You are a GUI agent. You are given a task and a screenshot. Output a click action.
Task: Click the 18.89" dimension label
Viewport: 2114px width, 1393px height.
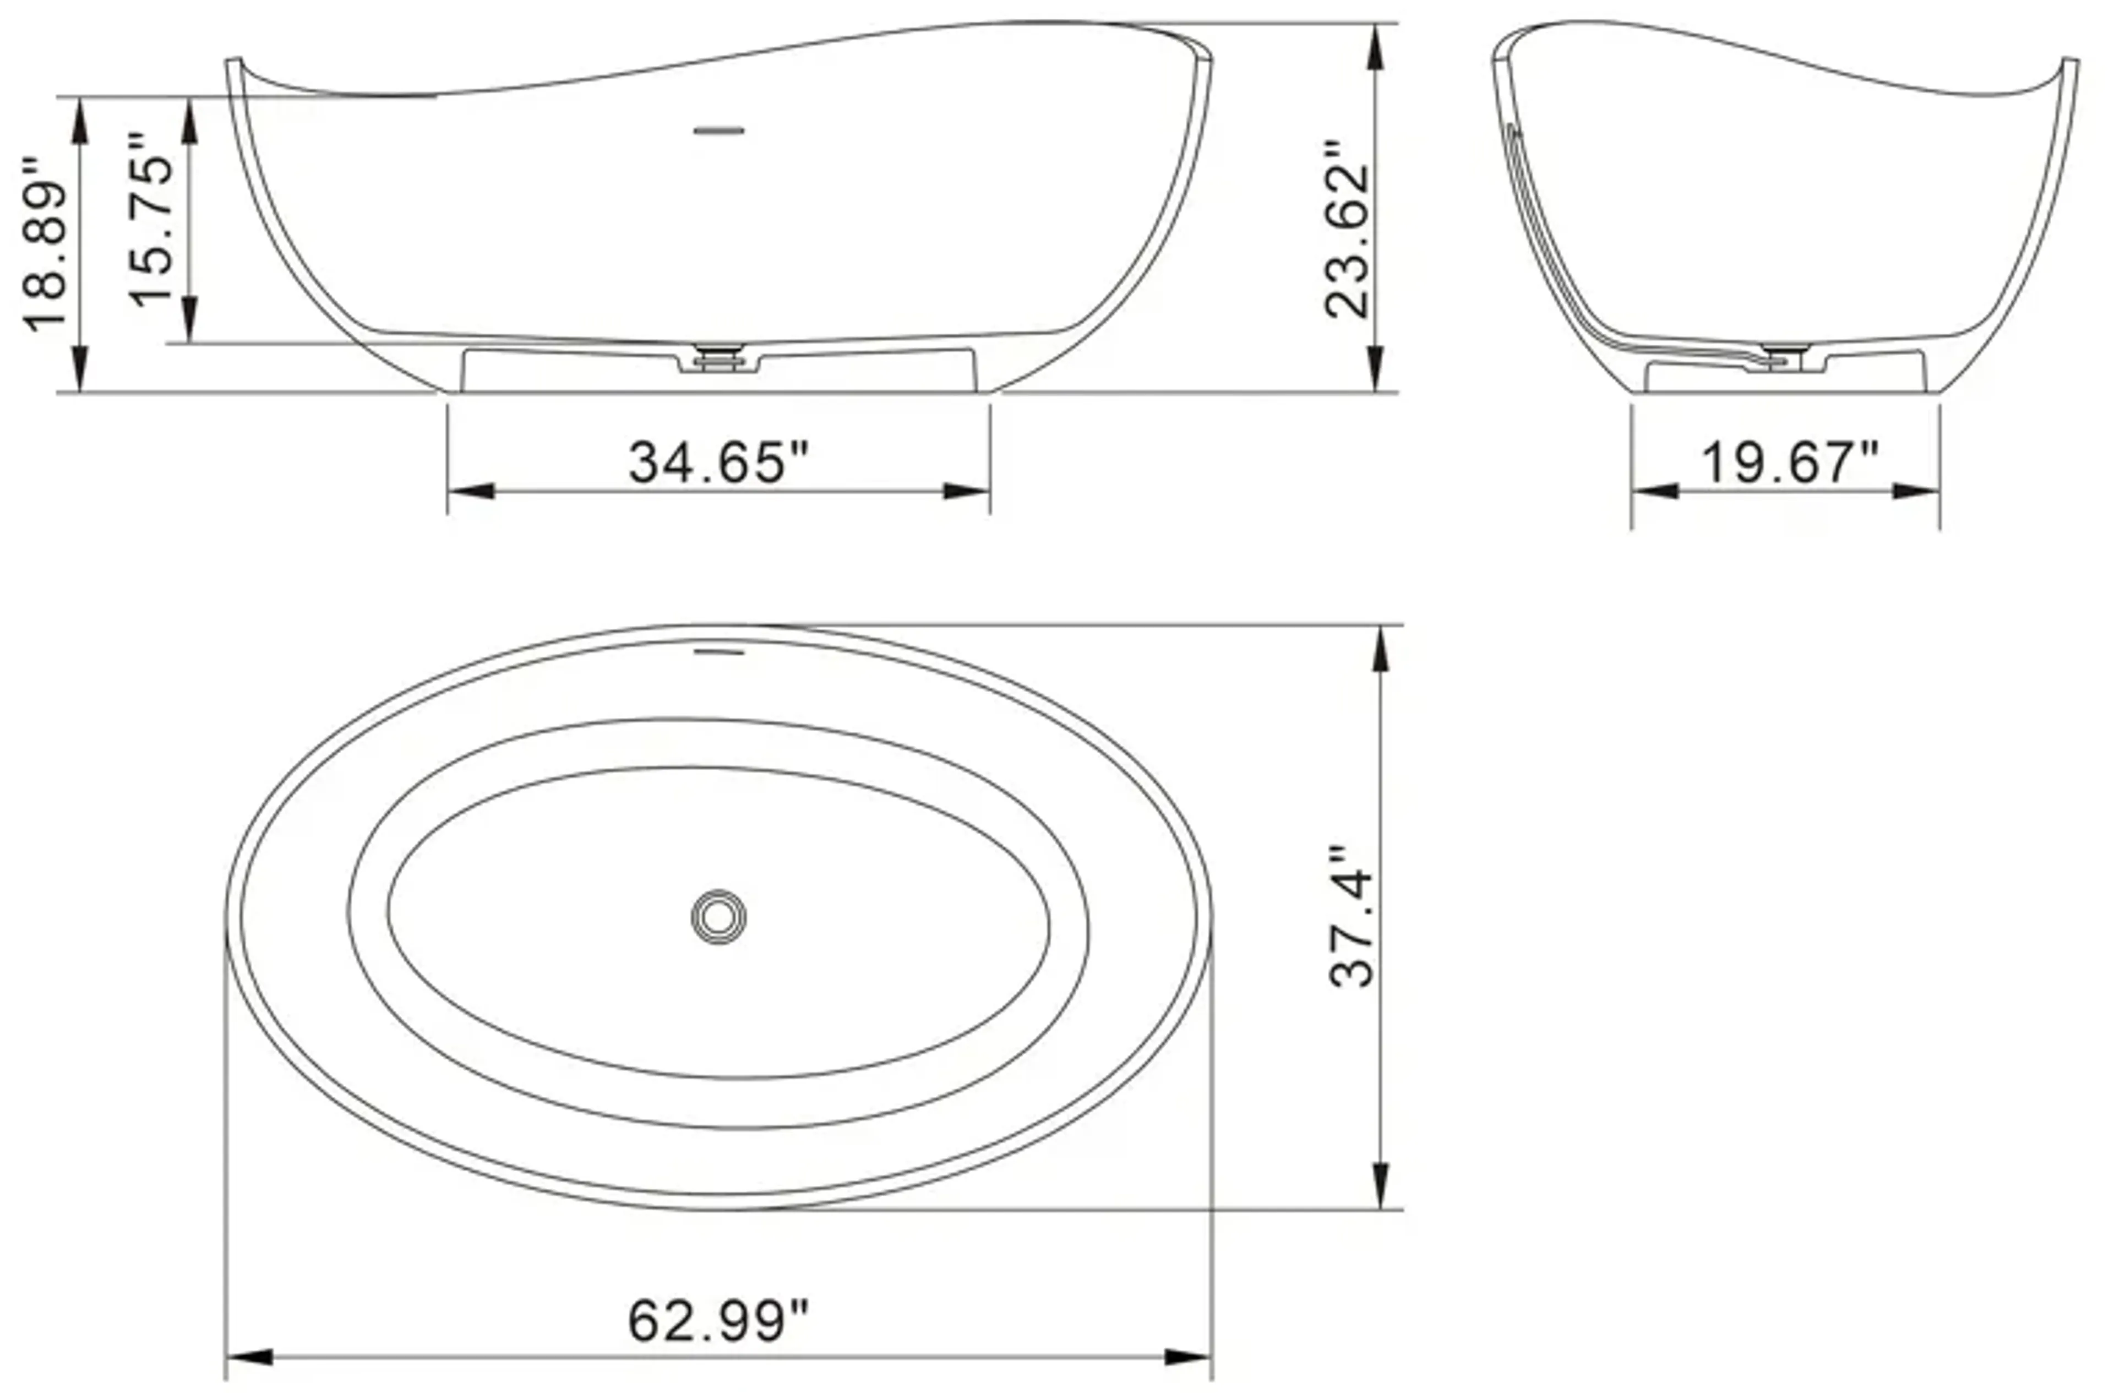[45, 245]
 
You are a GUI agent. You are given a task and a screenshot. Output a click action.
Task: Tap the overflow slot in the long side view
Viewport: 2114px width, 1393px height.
[718, 130]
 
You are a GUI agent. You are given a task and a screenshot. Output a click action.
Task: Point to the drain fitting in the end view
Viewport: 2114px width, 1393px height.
[1782, 359]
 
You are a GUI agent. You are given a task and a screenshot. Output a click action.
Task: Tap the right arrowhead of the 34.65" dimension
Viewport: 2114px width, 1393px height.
[968, 491]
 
